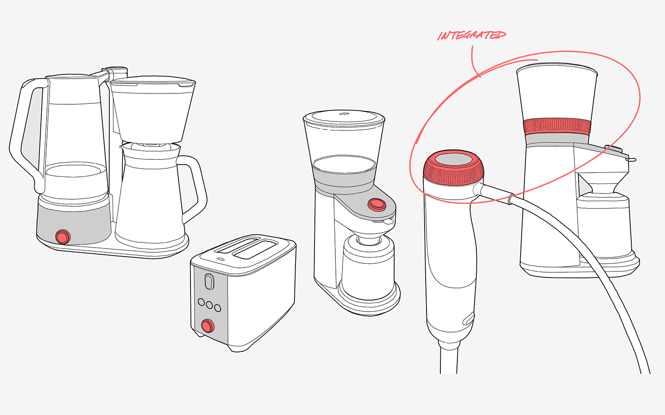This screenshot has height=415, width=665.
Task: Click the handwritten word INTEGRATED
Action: [472, 35]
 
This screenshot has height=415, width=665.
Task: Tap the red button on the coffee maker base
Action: [63, 237]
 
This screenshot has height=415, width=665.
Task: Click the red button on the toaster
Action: [208, 326]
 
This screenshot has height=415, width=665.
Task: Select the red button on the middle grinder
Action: [377, 204]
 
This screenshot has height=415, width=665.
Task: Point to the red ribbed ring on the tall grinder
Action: [557, 127]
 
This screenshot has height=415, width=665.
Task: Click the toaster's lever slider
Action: [209, 281]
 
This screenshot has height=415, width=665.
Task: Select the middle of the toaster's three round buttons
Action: [209, 304]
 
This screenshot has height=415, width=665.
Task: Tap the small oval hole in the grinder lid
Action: [344, 113]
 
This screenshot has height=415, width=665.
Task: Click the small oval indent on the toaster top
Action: [220, 259]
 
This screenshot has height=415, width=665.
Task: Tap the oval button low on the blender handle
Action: [469, 319]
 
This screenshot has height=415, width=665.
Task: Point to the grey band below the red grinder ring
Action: [556, 138]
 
